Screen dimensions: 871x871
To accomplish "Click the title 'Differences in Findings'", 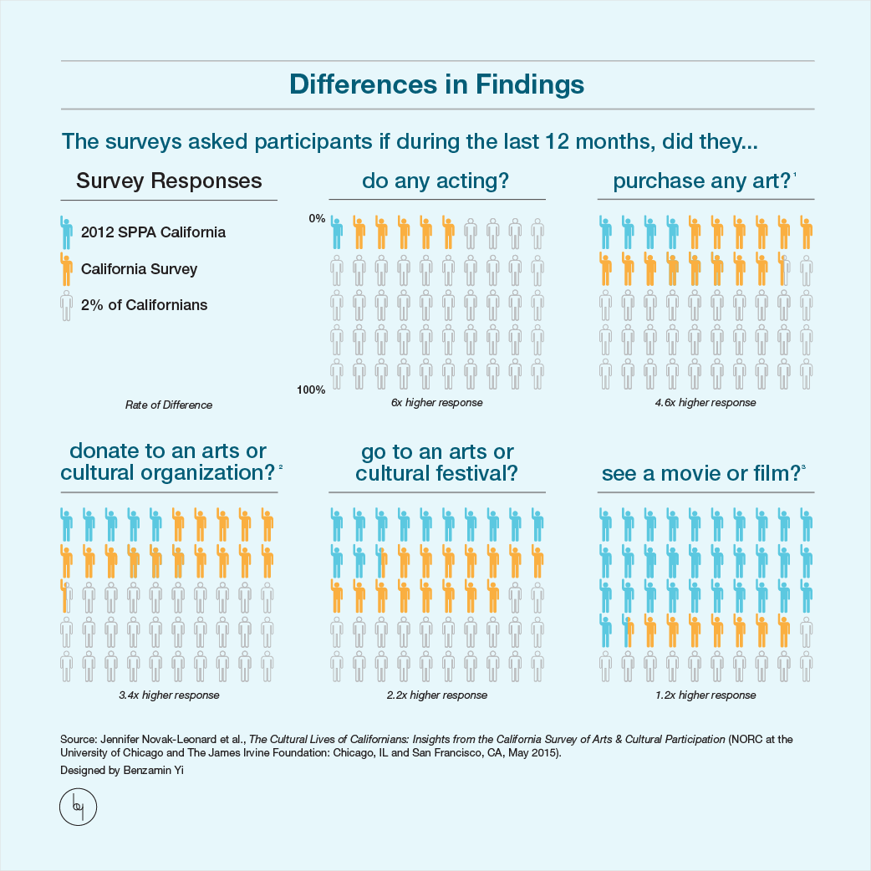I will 436,85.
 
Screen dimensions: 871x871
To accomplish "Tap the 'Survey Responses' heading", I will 169,181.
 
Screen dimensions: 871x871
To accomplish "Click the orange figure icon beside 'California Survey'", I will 66,269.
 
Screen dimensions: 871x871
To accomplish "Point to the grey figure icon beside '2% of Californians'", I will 66,306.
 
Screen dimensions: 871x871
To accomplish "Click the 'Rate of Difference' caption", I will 169,405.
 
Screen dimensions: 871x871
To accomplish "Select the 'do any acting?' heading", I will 435,181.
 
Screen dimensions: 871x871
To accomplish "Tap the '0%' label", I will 317,218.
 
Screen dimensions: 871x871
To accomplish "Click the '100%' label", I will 312,390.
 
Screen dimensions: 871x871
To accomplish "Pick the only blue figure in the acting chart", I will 337,232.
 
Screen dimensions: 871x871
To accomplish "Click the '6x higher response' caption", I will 436,403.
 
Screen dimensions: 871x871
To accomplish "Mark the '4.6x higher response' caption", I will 705,403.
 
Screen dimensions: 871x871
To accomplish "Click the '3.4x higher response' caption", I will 169,695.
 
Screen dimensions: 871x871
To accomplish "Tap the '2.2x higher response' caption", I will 436,695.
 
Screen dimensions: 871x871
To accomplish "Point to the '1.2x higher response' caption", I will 705,695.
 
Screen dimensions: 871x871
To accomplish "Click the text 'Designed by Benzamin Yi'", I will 121,771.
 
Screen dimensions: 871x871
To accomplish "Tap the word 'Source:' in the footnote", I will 79,740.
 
